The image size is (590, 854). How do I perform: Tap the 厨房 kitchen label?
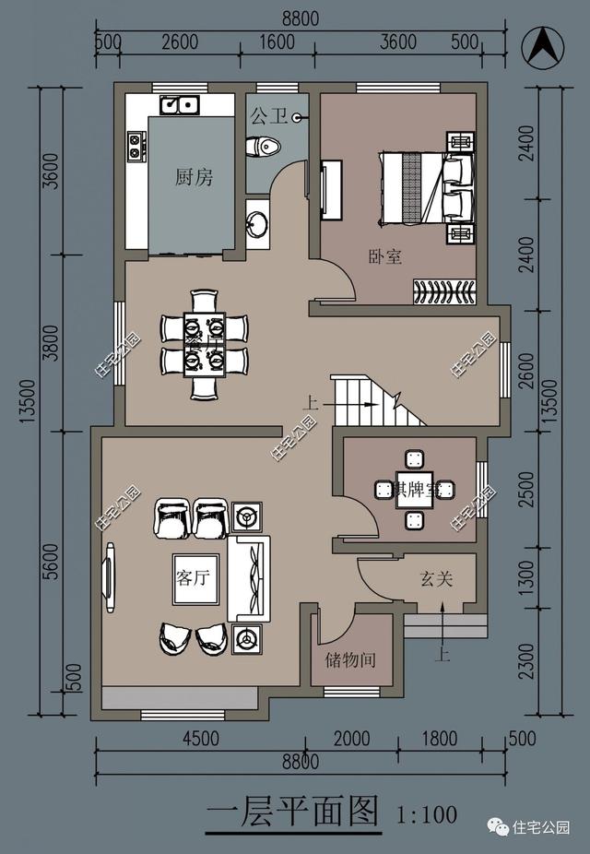coord(194,178)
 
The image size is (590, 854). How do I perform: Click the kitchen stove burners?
coord(136,145)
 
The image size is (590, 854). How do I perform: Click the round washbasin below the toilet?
coord(257,222)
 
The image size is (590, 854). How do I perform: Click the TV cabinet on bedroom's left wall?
coord(331,190)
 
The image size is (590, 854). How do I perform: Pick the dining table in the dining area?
coord(204,345)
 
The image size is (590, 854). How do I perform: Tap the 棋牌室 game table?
coord(413,488)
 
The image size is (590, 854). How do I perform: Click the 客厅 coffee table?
coord(195,578)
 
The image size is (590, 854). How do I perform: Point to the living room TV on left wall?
coord(110,578)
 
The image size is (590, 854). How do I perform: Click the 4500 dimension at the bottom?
coord(200,738)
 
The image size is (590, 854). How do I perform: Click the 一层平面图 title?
coord(292,812)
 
